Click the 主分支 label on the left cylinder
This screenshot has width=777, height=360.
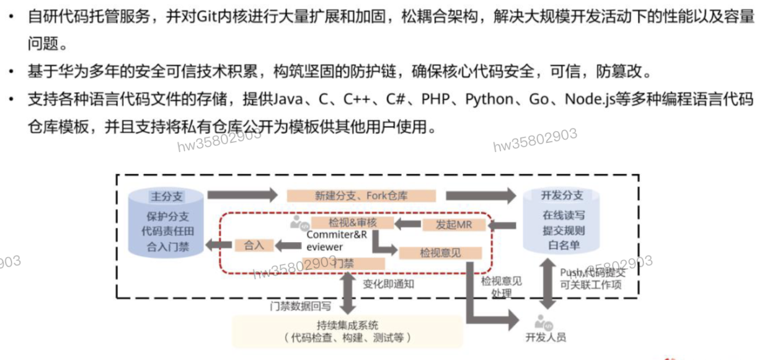(167, 196)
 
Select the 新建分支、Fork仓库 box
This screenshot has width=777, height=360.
(361, 196)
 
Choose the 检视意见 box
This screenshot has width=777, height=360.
(440, 253)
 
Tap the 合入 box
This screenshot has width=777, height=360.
(254, 246)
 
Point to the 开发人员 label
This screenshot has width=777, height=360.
(545, 337)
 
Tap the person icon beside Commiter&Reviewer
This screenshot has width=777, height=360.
(300, 224)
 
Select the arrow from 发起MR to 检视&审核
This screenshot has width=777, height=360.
(409, 224)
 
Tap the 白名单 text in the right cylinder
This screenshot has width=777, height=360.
(563, 246)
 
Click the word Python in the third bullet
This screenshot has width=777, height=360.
(489, 99)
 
